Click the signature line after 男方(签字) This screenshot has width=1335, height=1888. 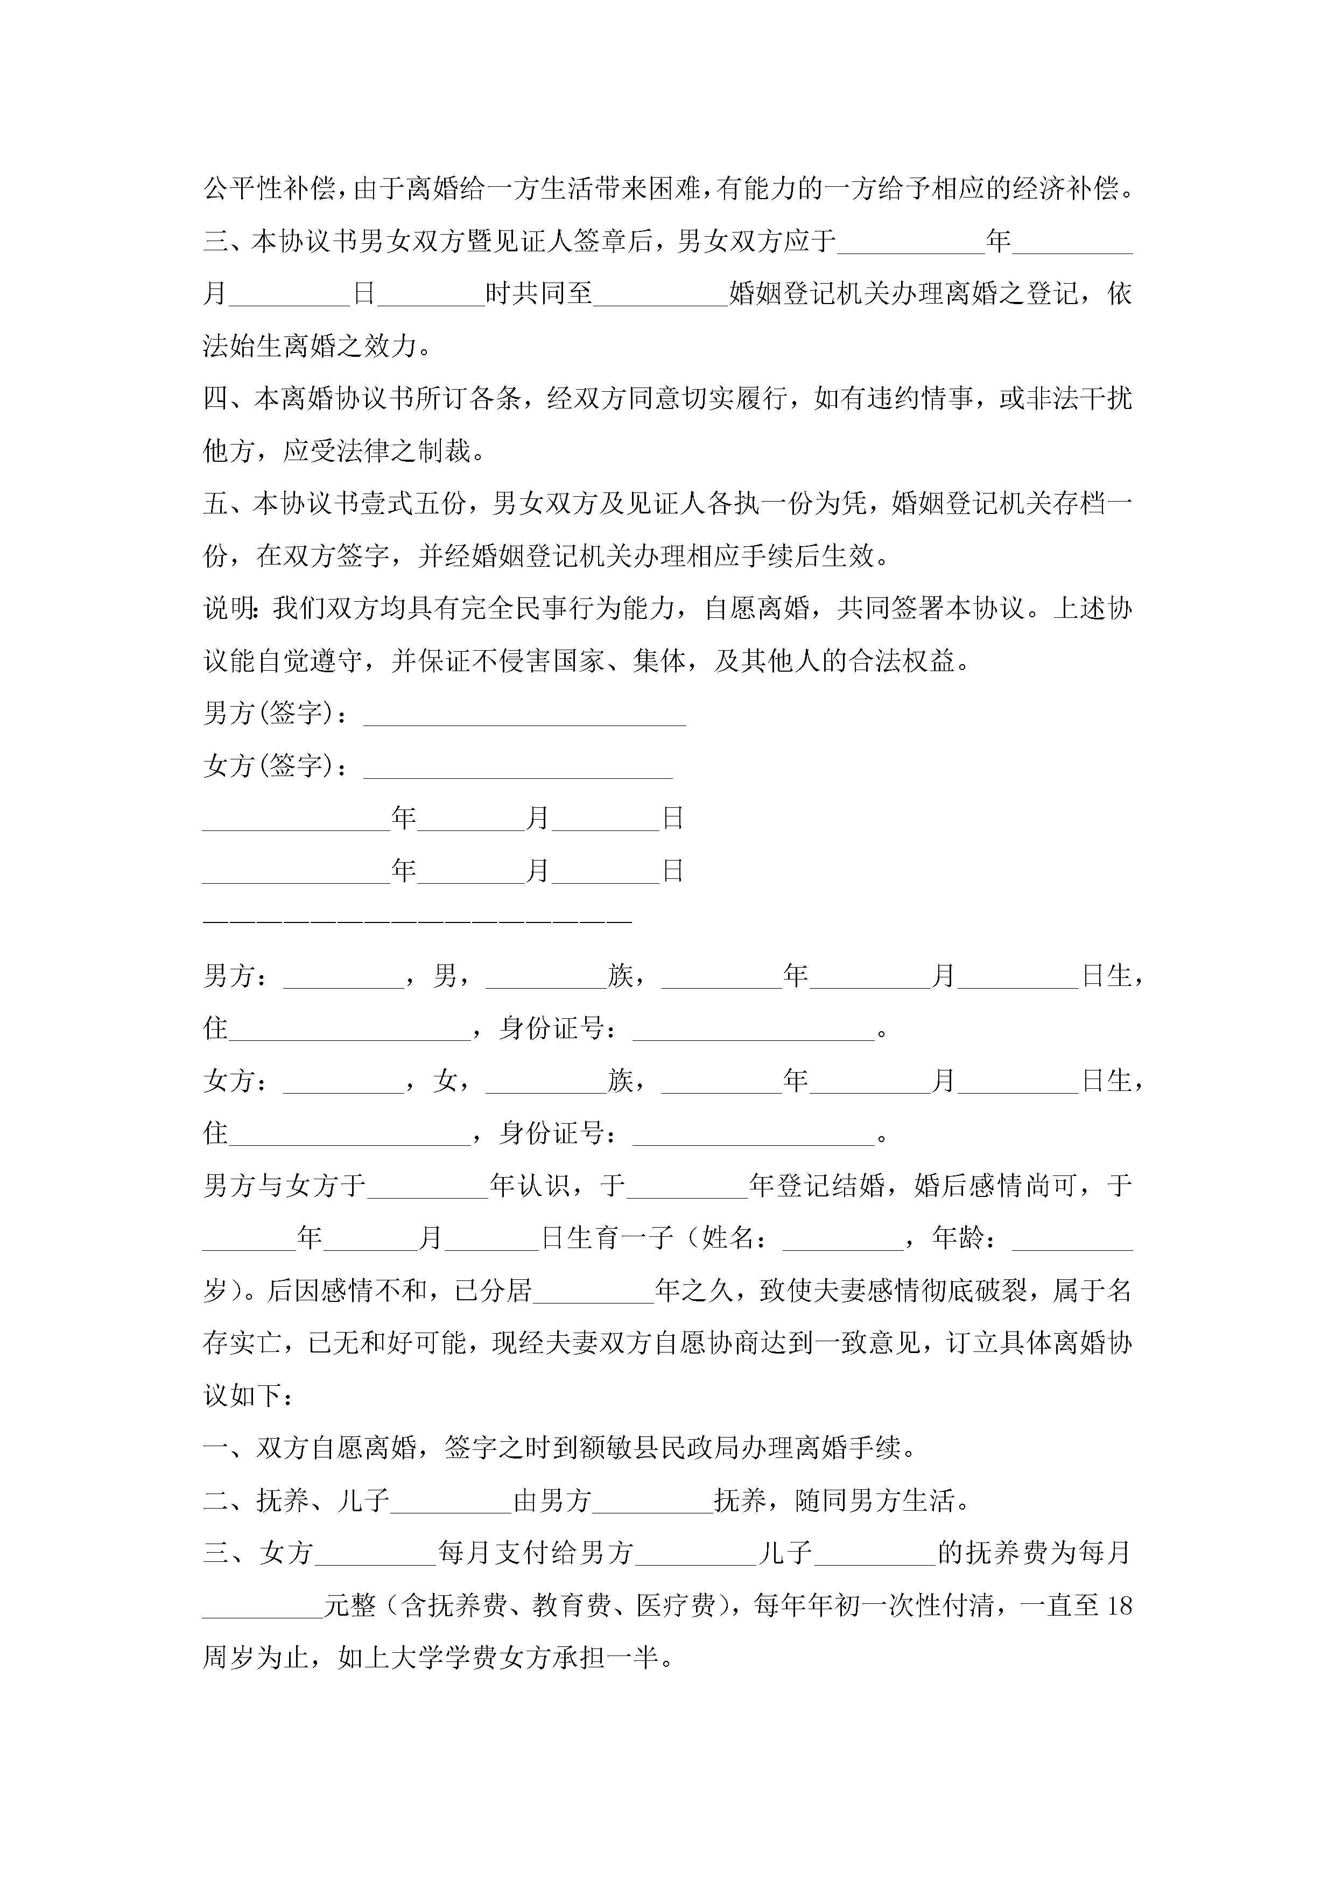(525, 721)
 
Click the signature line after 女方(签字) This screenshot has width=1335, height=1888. (518, 774)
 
